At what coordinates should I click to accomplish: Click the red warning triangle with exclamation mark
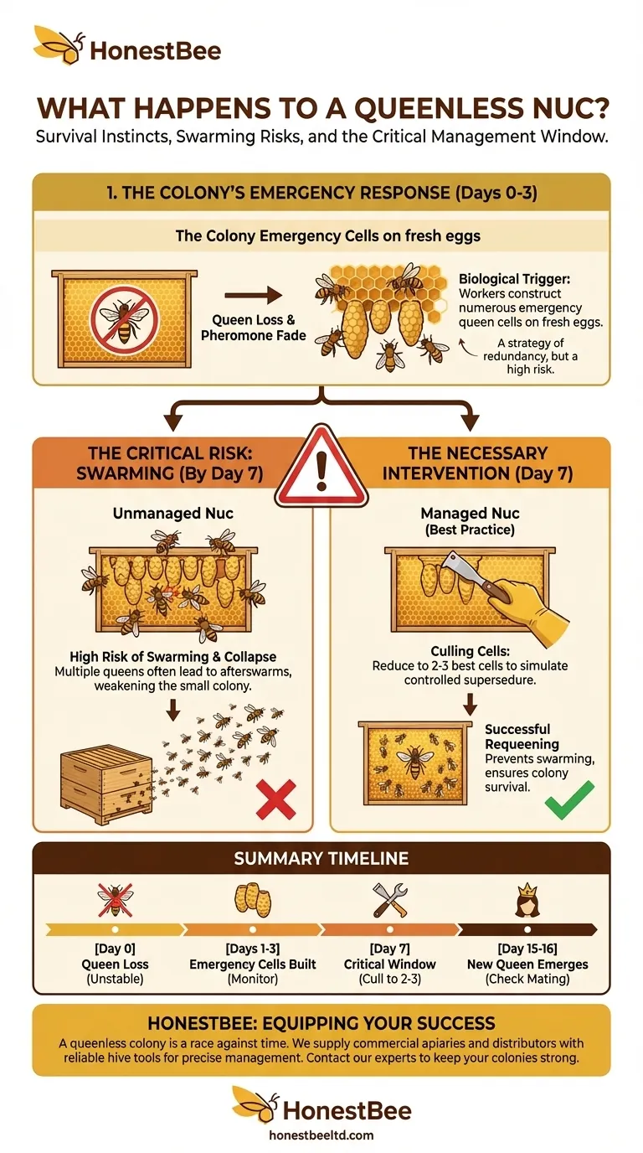click(x=321, y=465)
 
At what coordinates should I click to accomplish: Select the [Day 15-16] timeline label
click(x=527, y=949)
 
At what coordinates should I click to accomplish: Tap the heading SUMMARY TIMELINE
click(x=321, y=858)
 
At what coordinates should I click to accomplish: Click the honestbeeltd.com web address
click(x=321, y=1135)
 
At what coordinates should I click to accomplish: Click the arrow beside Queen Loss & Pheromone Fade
click(x=254, y=295)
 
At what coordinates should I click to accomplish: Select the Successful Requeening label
click(x=517, y=736)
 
